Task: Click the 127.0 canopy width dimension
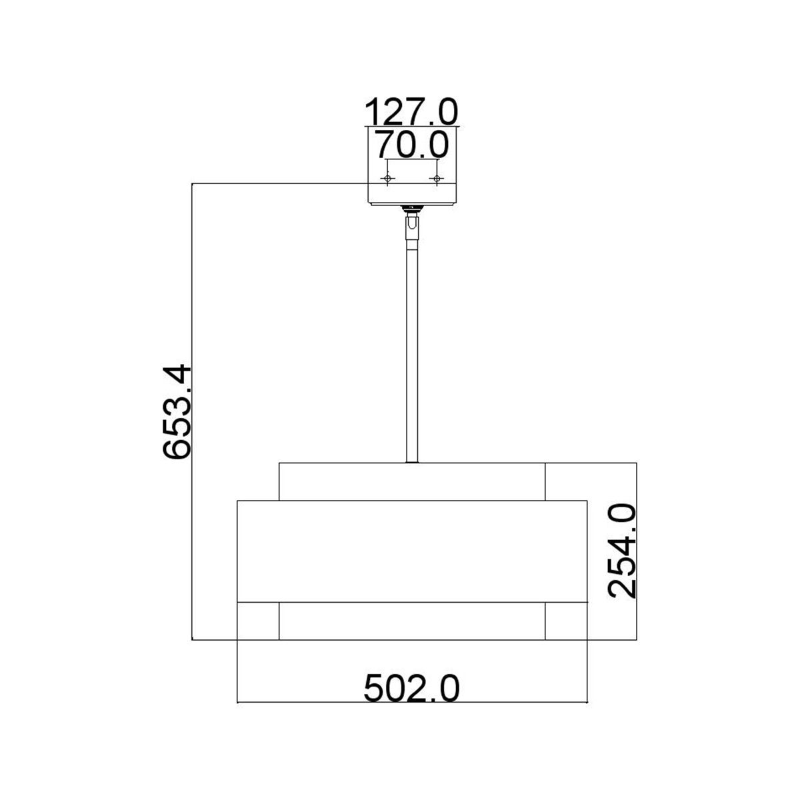click(x=412, y=111)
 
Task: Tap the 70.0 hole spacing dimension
click(x=411, y=143)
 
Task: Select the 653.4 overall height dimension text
click(x=178, y=411)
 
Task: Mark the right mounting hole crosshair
click(x=437, y=179)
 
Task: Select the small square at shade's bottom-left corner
click(x=259, y=621)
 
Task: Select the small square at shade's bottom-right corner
click(x=566, y=621)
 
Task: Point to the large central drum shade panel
click(x=412, y=551)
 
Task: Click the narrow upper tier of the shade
click(x=412, y=481)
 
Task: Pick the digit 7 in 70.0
click(x=386, y=143)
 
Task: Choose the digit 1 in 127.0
click(x=374, y=111)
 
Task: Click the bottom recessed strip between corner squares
click(x=412, y=621)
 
